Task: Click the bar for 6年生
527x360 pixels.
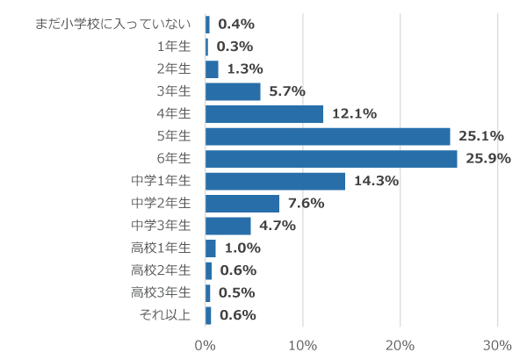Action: tap(331, 159)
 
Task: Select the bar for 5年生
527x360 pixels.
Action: tap(328, 136)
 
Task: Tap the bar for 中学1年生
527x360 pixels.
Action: tap(275, 181)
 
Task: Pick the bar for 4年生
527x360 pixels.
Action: tap(264, 113)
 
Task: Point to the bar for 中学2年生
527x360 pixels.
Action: tap(242, 204)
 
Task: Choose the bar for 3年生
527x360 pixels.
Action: tap(233, 91)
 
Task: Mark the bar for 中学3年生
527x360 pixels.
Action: tap(228, 226)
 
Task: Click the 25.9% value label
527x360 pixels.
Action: tap(487, 159)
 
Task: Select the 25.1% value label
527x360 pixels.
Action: tap(480, 136)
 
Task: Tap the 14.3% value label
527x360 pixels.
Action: tap(376, 181)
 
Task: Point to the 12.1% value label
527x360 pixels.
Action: tap(354, 113)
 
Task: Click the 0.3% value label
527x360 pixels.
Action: tap(234, 47)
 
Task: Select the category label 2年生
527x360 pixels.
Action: tap(173, 68)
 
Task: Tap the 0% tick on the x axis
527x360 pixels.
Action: tap(206, 344)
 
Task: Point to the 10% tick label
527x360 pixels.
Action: tap(303, 344)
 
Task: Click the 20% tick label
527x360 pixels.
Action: tap(401, 344)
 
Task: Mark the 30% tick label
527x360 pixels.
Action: tap(498, 344)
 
